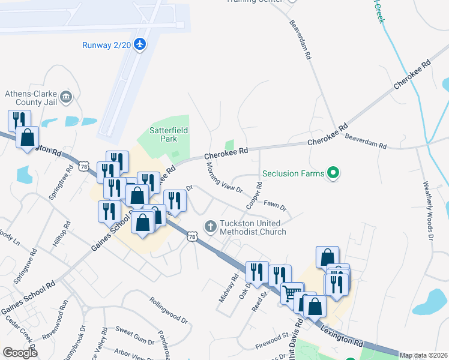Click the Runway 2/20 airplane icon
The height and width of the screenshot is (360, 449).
(140, 44)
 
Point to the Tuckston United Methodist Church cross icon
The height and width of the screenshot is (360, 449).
(210, 227)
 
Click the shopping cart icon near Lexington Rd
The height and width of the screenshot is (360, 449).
(292, 294)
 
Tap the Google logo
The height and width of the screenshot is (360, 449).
(20, 353)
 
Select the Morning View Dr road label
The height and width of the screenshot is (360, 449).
(223, 178)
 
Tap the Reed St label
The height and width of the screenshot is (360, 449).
(259, 298)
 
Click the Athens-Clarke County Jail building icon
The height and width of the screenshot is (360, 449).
(66, 97)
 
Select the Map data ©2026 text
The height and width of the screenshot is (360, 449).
(423, 355)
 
